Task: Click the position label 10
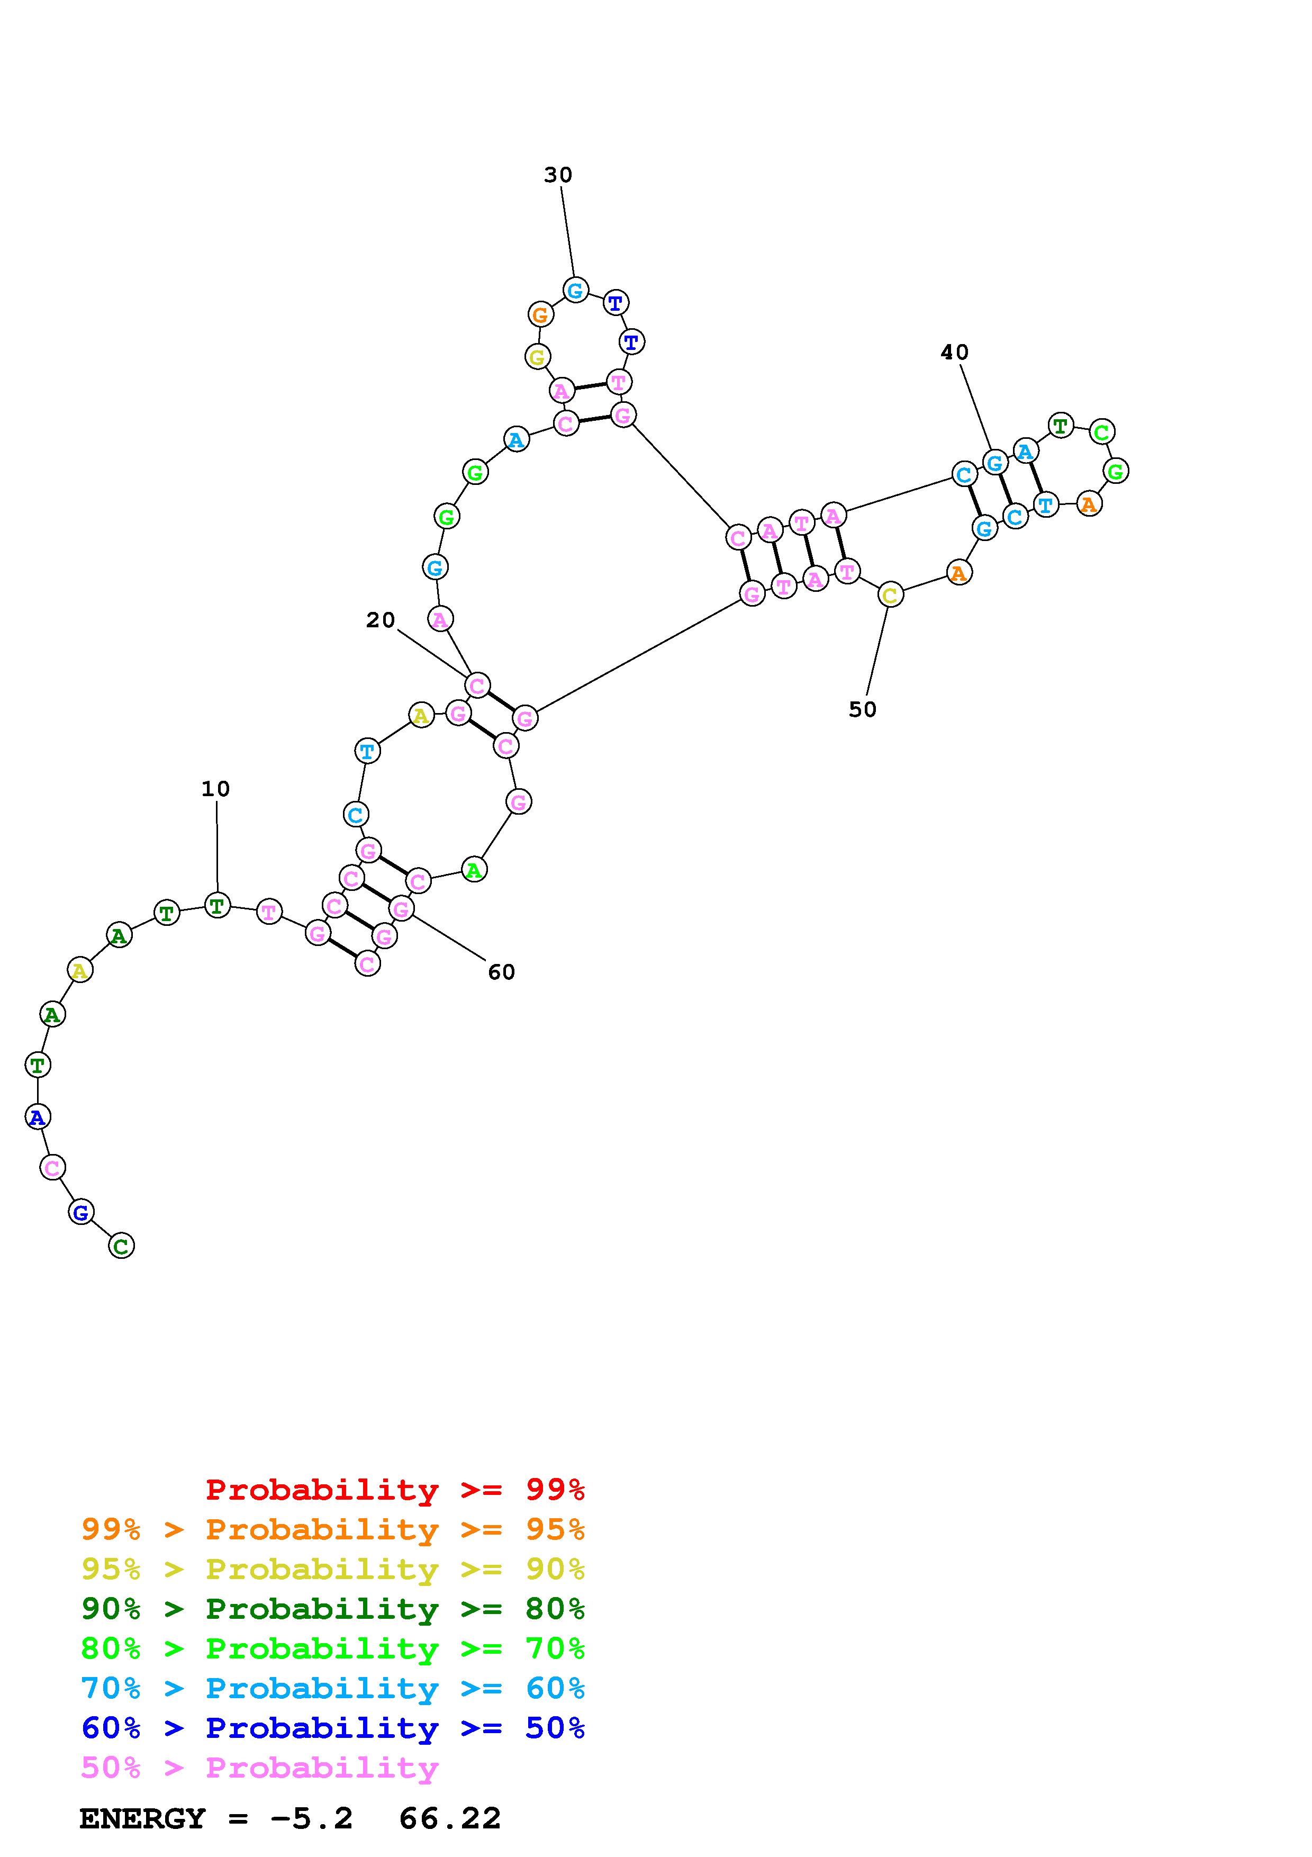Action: pyautogui.click(x=216, y=789)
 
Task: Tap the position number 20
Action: pyautogui.click(x=380, y=620)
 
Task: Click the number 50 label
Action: pyautogui.click(x=863, y=709)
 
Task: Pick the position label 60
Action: pyautogui.click(x=501, y=972)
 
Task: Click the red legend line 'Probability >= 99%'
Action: pyautogui.click(x=395, y=1490)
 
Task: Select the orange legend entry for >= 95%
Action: pyautogui.click(x=333, y=1529)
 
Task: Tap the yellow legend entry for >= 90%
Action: pyautogui.click(x=333, y=1569)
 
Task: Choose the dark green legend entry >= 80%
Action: pyautogui.click(x=333, y=1609)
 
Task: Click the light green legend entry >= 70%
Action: pyautogui.click(x=333, y=1648)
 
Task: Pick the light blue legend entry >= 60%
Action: pyautogui.click(x=333, y=1688)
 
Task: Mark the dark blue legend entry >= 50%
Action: pyautogui.click(x=333, y=1728)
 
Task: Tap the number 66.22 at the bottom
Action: pyautogui.click(x=450, y=1819)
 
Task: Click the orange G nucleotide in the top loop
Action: pyautogui.click(x=540, y=314)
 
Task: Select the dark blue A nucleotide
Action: pyautogui.click(x=37, y=1117)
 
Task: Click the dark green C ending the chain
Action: pyautogui.click(x=121, y=1246)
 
